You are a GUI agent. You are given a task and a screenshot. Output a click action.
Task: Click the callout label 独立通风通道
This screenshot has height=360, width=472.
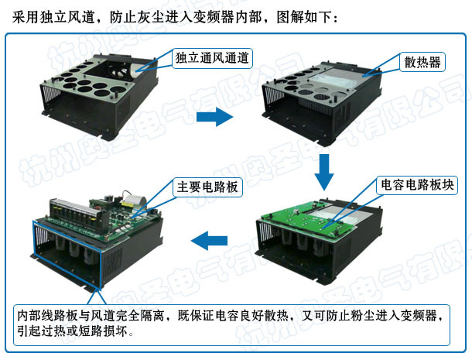point(212,58)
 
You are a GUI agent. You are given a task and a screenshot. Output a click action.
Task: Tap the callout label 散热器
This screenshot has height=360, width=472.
point(422,63)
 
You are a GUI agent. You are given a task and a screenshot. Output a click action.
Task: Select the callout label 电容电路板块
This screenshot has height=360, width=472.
point(417,185)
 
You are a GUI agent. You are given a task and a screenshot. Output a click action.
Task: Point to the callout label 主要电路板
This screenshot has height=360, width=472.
point(207,187)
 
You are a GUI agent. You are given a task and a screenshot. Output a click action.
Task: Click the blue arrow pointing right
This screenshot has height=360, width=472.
point(214,117)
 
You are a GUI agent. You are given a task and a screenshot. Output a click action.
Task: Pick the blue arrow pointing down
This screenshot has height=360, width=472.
point(324,173)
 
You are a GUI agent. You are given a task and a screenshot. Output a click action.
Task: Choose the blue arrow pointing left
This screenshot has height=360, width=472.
point(209,241)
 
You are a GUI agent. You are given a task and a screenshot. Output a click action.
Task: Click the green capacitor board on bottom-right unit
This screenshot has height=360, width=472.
point(310,218)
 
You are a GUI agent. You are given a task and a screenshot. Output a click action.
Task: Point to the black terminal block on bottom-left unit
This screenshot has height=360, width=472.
point(78,213)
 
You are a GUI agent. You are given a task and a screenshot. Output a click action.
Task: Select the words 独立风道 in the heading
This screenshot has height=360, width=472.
point(67,17)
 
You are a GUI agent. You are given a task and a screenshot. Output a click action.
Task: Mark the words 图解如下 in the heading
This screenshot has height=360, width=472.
point(303,17)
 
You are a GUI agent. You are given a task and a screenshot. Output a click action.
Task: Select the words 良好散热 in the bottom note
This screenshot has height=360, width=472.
point(265,316)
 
